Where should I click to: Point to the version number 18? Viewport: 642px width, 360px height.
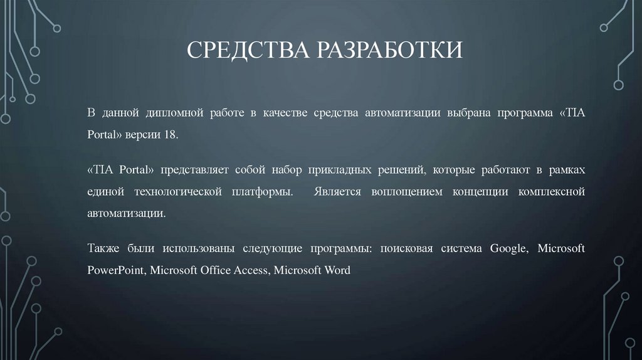click(171, 134)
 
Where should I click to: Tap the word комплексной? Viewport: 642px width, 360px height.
click(552, 191)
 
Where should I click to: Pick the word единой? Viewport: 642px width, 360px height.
click(102, 191)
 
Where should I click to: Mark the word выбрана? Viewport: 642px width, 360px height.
click(467, 112)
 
